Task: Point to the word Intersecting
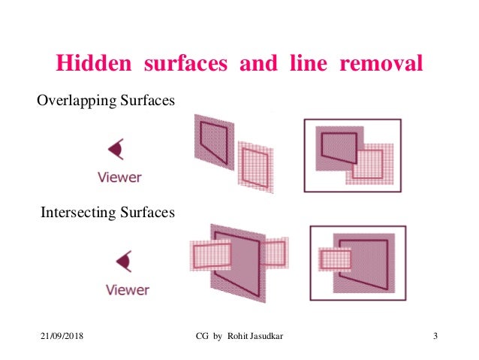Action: point(75,213)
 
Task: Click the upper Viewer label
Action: point(119,178)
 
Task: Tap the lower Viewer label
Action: point(127,290)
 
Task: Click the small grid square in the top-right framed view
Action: point(369,163)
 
